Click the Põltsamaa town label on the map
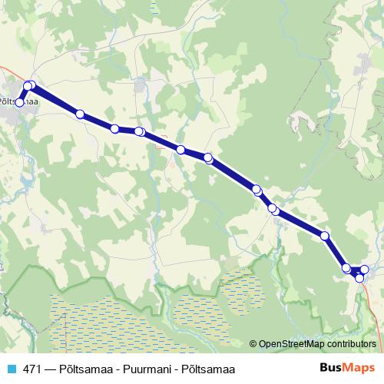pyautogui.click(x=20, y=100)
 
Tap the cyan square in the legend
pyautogui.click(x=10, y=369)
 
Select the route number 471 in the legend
pyautogui.click(x=31, y=369)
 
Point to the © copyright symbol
pyautogui.click(x=254, y=344)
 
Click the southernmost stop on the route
pyautogui.click(x=359, y=277)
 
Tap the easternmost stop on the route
pyautogui.click(x=365, y=269)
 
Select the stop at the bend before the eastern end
pyautogui.click(x=325, y=236)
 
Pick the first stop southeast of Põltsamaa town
pyautogui.click(x=80, y=114)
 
